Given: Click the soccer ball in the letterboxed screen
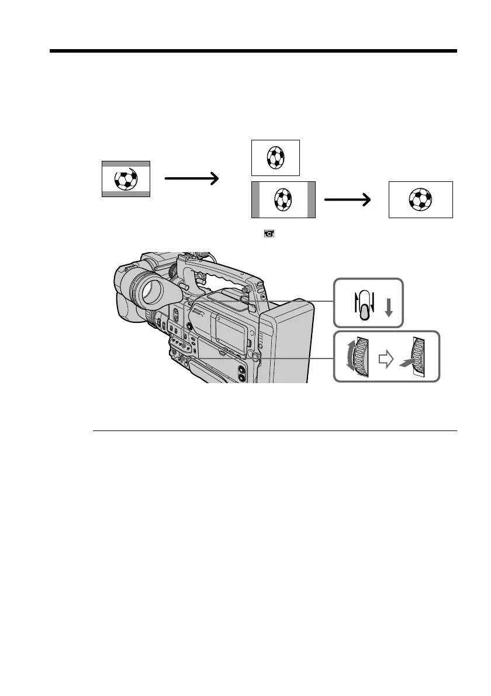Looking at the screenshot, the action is pyautogui.click(x=125, y=179).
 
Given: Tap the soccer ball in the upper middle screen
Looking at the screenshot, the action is pyautogui.click(x=275, y=157).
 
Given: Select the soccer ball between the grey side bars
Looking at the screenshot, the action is pyautogui.click(x=283, y=200).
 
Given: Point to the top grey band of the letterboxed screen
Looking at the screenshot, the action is pyautogui.click(x=126, y=164).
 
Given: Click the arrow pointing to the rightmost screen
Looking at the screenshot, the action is pyautogui.click(x=348, y=200).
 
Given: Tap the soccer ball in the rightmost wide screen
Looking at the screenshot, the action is pyautogui.click(x=421, y=200).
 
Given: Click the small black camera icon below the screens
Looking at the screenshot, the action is pyautogui.click(x=271, y=234).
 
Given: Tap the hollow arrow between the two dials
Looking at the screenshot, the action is pyautogui.click(x=385, y=360).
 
